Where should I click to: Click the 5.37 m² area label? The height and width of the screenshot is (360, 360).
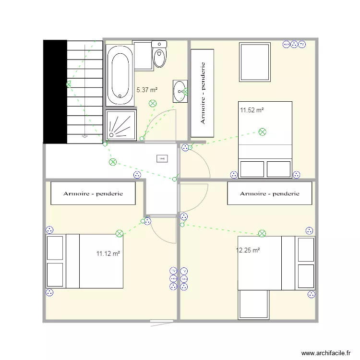tap(147, 90)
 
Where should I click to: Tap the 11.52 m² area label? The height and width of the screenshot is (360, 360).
tap(252, 110)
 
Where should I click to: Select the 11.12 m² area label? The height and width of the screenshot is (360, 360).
tap(108, 253)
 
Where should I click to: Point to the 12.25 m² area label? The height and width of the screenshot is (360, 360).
tap(248, 250)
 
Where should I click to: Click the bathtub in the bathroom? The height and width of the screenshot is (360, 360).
tap(120, 75)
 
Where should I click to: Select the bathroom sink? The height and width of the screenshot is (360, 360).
tap(180, 91)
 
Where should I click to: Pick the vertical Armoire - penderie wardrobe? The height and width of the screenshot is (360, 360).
tap(203, 93)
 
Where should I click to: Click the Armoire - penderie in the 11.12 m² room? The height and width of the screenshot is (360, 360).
tap(93, 193)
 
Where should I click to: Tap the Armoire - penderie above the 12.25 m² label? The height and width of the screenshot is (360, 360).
tap(269, 193)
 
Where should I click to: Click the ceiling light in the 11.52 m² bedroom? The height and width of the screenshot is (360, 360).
tap(262, 132)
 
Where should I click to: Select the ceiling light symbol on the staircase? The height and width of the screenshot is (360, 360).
tap(69, 84)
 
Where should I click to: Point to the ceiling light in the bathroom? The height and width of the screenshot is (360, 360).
tap(153, 103)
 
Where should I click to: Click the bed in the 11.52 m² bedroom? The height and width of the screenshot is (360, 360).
tap(265, 139)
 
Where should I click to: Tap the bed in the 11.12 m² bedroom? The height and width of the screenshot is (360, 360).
tap(85, 261)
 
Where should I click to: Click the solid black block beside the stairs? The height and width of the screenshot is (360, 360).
tap(55, 91)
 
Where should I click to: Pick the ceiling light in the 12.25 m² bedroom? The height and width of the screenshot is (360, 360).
tap(262, 234)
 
